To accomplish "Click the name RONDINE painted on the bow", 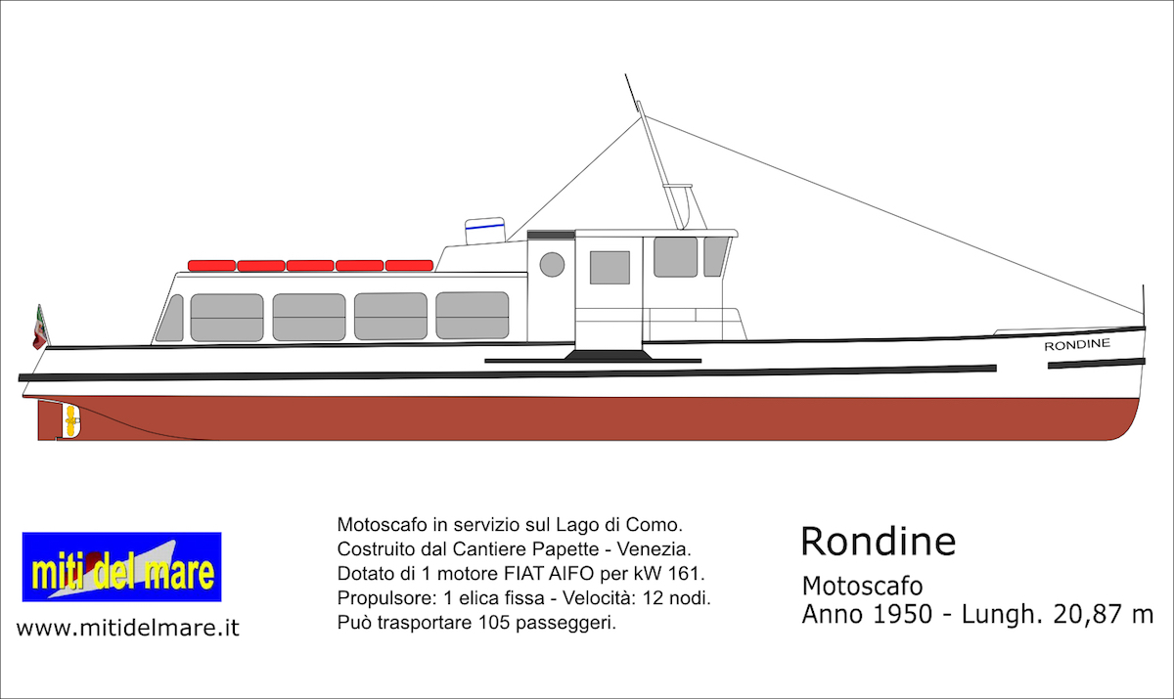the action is [1077, 344].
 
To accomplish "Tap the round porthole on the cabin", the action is [552, 264].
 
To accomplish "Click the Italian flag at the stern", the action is [40, 328].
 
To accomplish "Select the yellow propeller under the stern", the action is [69, 421].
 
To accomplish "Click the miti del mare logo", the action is [121, 567].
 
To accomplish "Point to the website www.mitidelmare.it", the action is [128, 628].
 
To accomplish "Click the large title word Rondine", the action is [879, 542].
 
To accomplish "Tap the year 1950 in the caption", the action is [902, 614].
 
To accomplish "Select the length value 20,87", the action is [1082, 615].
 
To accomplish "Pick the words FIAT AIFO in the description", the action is [549, 573].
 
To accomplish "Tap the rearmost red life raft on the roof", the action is [211, 266].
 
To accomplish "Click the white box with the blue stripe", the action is [485, 231].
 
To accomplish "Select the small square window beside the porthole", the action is [610, 268].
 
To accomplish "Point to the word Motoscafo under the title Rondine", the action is [862, 586].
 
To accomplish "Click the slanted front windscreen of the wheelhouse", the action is [715, 256].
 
